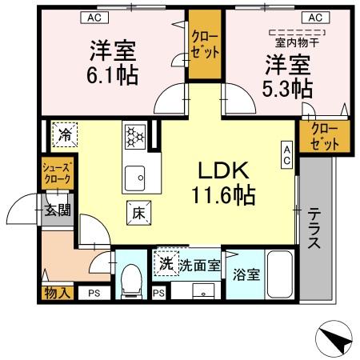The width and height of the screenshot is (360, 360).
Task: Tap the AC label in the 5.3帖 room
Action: point(314,17)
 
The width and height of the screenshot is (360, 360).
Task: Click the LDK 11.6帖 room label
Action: point(222,182)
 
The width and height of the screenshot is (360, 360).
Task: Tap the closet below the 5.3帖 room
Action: point(325,137)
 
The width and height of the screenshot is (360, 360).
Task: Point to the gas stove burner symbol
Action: point(134,136)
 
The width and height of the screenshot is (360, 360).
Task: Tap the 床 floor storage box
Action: point(138,213)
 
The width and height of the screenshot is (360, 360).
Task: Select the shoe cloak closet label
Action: point(57,174)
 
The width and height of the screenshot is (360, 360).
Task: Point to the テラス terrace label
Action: point(314,228)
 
